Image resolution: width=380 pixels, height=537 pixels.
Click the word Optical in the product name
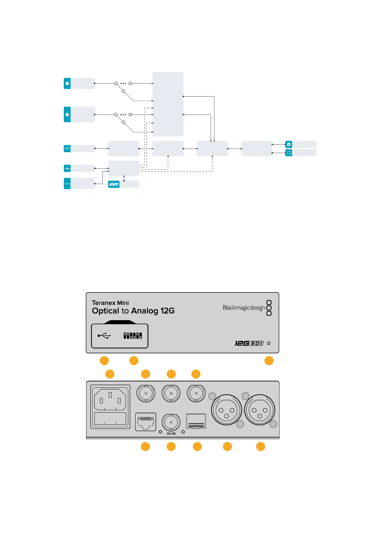105,311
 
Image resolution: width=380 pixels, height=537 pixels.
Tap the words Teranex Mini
110,303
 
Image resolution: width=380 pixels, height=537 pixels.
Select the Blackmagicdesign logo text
244,308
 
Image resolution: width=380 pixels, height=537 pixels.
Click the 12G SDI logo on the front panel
249,343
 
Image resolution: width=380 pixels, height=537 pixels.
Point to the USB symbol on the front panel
104,335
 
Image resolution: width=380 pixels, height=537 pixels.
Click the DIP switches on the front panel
133,335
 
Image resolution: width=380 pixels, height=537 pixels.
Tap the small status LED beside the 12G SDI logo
269,343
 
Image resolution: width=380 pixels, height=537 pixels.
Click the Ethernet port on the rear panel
145,422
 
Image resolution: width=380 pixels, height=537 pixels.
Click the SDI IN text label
171,434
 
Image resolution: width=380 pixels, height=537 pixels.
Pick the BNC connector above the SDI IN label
171,422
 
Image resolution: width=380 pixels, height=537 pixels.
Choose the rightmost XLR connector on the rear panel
260,410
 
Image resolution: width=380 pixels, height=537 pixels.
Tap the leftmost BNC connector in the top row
146,394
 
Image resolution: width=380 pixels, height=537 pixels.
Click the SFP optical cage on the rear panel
196,422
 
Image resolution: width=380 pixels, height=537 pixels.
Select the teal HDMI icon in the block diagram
67,149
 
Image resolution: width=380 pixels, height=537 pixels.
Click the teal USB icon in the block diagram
67,168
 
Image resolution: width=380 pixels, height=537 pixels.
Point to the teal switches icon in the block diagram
114,184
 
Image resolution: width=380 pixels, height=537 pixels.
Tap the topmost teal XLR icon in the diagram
67,84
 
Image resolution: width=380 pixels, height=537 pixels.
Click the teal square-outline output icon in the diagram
288,153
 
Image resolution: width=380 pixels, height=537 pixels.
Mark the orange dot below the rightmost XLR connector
261,446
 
